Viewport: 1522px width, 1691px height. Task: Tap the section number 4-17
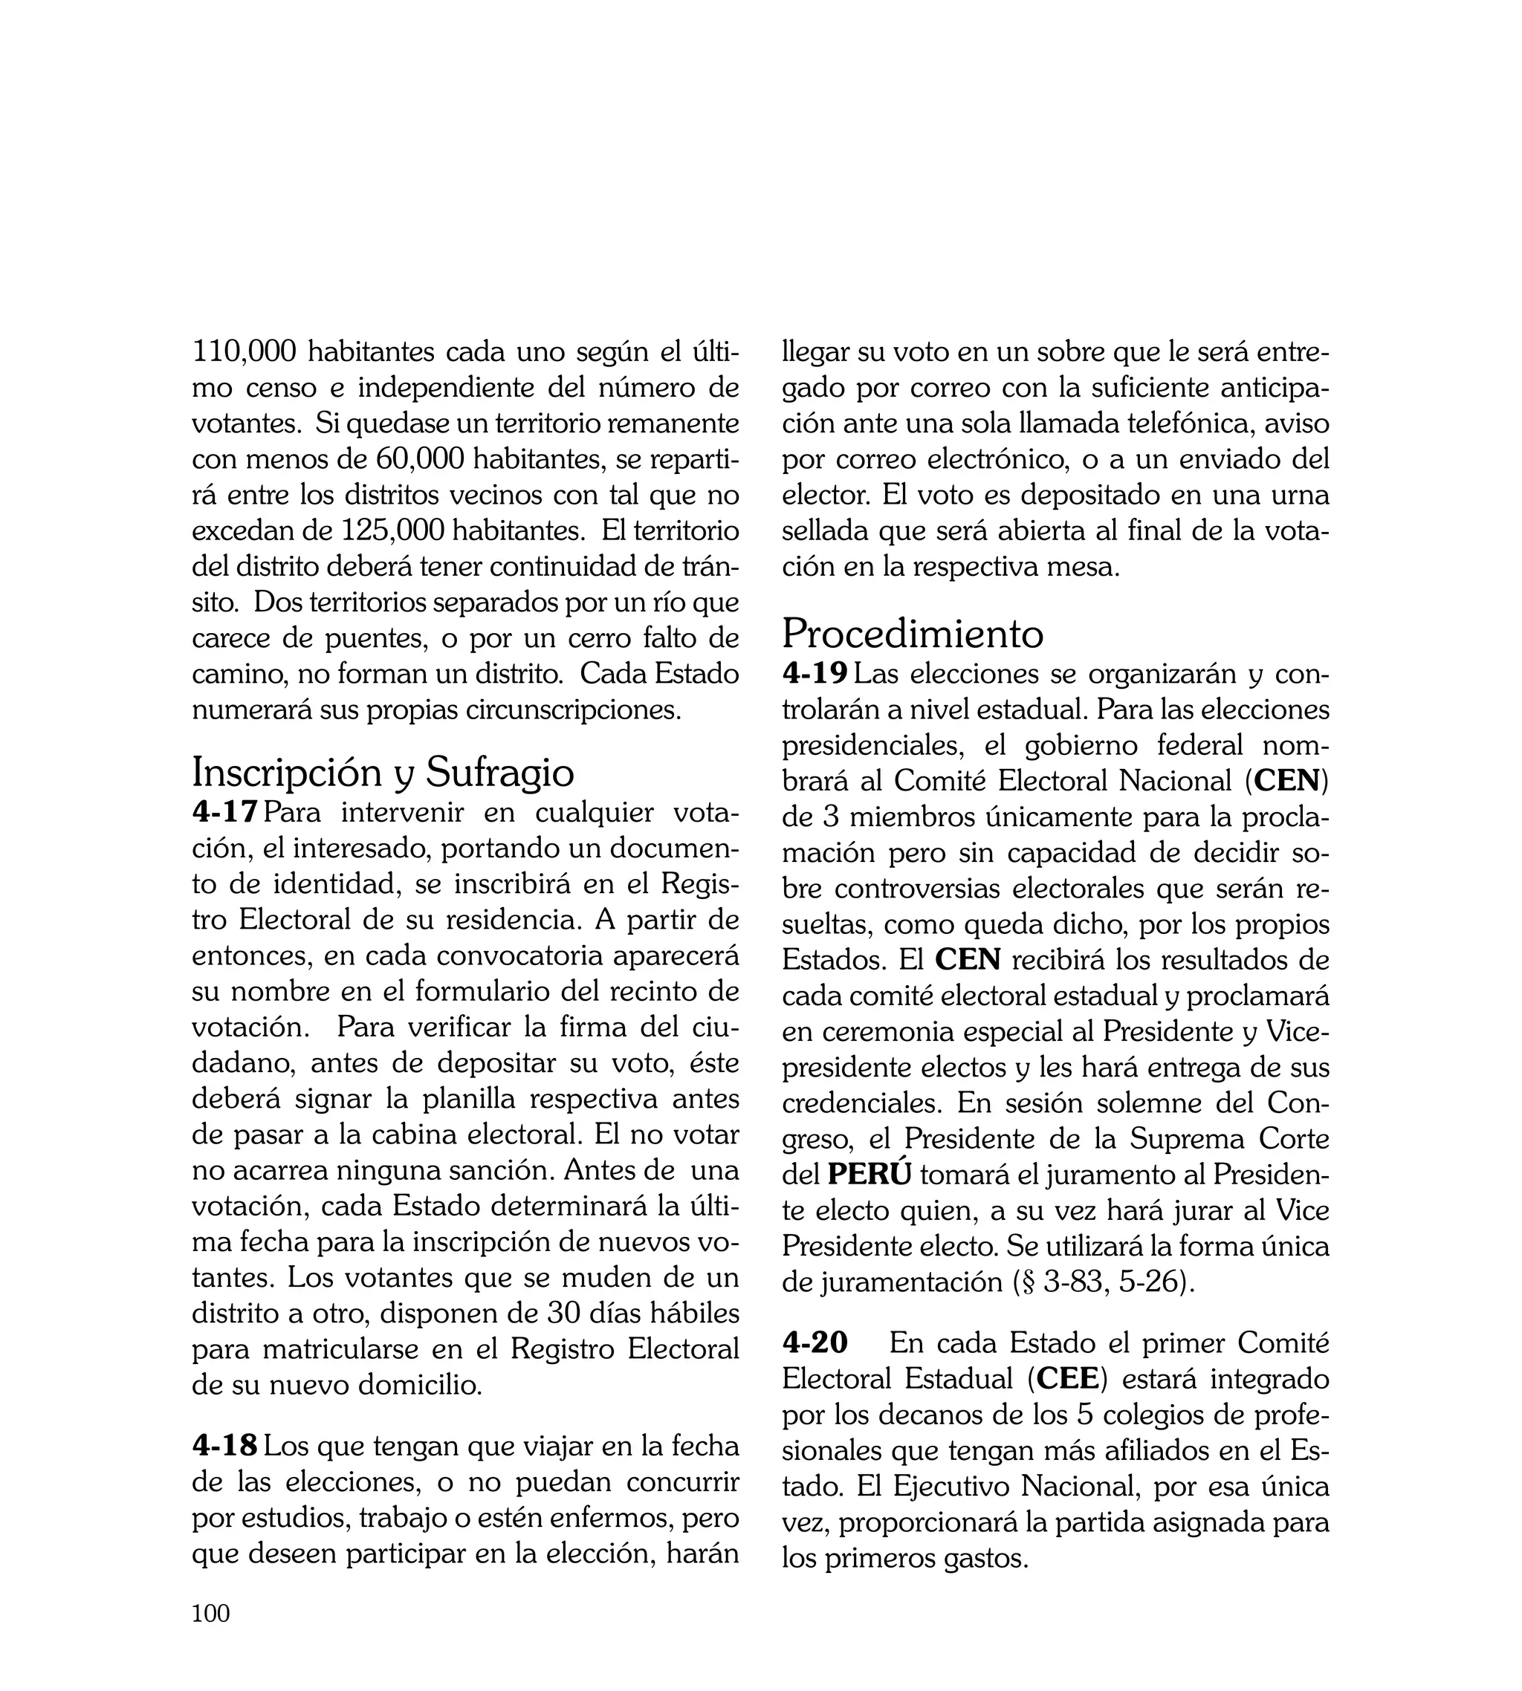[224, 811]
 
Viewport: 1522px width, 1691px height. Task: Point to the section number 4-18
[224, 1445]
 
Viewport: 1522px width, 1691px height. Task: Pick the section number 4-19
[815, 673]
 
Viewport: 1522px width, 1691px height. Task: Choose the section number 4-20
[815, 1343]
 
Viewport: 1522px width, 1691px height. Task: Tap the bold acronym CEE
[1066, 1378]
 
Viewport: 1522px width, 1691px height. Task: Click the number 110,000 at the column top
[245, 352]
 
